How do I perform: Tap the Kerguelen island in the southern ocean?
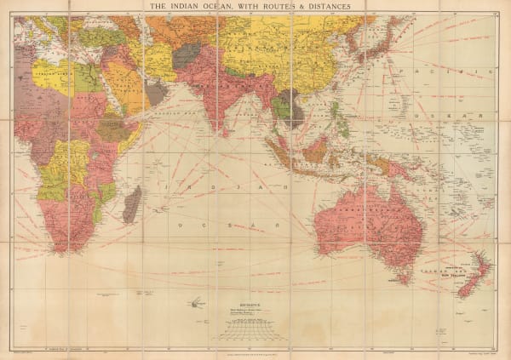(x=195, y=301)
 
